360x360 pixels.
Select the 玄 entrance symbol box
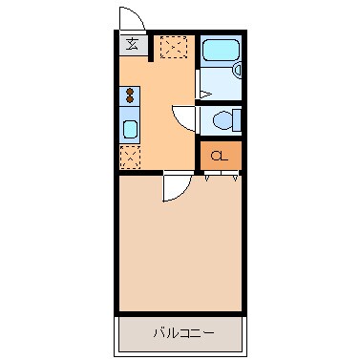133,43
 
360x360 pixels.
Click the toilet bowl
222,120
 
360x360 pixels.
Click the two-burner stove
131,95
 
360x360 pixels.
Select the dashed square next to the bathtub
174,46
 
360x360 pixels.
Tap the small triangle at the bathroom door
205,93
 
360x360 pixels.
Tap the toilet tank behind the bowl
237,120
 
